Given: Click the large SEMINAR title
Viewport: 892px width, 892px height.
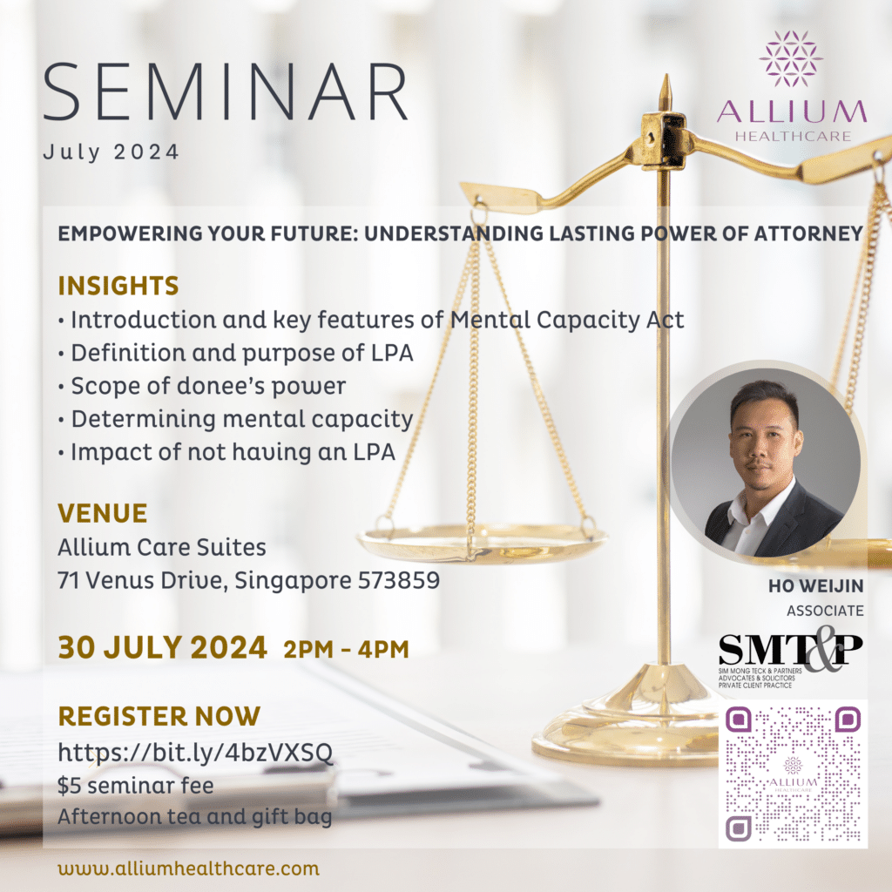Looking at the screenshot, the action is click(226, 91).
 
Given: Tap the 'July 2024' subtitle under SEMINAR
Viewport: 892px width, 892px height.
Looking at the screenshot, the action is click(111, 152).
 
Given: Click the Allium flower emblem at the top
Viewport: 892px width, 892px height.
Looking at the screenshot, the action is click(791, 59).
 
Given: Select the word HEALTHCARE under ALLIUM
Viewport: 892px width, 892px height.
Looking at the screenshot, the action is click(793, 137).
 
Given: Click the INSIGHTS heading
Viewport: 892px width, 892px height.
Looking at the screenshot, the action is click(118, 286).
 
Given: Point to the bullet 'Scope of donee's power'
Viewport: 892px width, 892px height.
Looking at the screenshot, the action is click(202, 386).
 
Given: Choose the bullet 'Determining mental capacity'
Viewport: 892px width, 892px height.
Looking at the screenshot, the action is click(235, 419).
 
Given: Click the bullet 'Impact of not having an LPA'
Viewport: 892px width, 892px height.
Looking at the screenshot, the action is click(226, 452).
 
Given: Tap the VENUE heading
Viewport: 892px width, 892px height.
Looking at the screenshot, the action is click(103, 513).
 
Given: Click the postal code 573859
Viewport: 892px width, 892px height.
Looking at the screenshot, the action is click(399, 580).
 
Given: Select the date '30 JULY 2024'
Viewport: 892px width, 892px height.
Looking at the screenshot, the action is click(162, 647).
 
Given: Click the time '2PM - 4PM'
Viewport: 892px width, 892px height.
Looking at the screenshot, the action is click(346, 650).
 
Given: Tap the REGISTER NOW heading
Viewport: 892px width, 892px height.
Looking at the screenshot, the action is click(159, 716).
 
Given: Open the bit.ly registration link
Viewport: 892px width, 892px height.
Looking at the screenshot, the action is click(195, 753).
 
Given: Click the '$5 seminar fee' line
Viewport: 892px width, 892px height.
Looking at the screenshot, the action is click(135, 786).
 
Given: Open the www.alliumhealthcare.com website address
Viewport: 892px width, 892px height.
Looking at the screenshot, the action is click(188, 868).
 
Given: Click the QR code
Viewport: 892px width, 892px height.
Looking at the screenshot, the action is click(793, 774).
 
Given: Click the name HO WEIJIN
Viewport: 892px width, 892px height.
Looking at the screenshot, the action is click(815, 586).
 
